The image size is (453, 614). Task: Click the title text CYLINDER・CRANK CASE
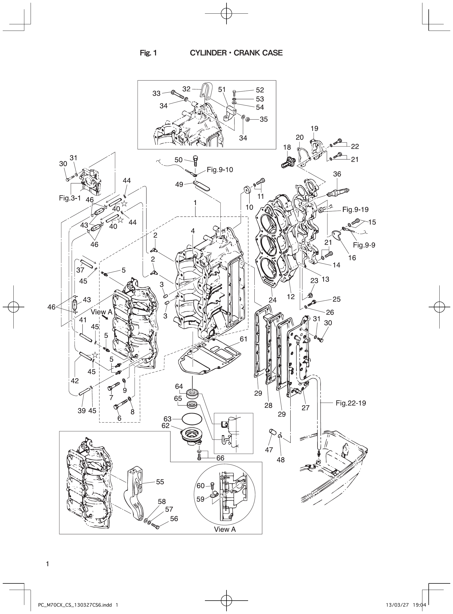point(236,53)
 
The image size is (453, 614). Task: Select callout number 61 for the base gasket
point(243,339)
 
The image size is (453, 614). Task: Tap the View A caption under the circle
point(225,529)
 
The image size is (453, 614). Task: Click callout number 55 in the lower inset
point(160,482)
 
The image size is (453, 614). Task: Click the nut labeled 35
point(248,120)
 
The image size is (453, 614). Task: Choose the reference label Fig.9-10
point(220,170)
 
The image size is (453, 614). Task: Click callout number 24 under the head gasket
point(273,300)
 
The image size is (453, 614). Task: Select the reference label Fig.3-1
point(70,198)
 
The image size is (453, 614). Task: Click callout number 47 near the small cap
point(269,450)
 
